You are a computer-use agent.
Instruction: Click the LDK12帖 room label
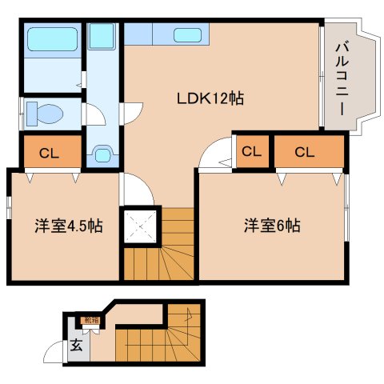pos(210,100)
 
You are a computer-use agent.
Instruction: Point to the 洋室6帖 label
pos(272,225)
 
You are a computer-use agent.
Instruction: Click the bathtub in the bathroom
pos(50,39)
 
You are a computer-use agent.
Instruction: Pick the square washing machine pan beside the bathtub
pos(102,37)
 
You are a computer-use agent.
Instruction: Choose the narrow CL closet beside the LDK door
pos(251,150)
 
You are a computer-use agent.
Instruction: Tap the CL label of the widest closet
pos(304,151)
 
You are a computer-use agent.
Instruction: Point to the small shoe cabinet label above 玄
pos(92,321)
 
